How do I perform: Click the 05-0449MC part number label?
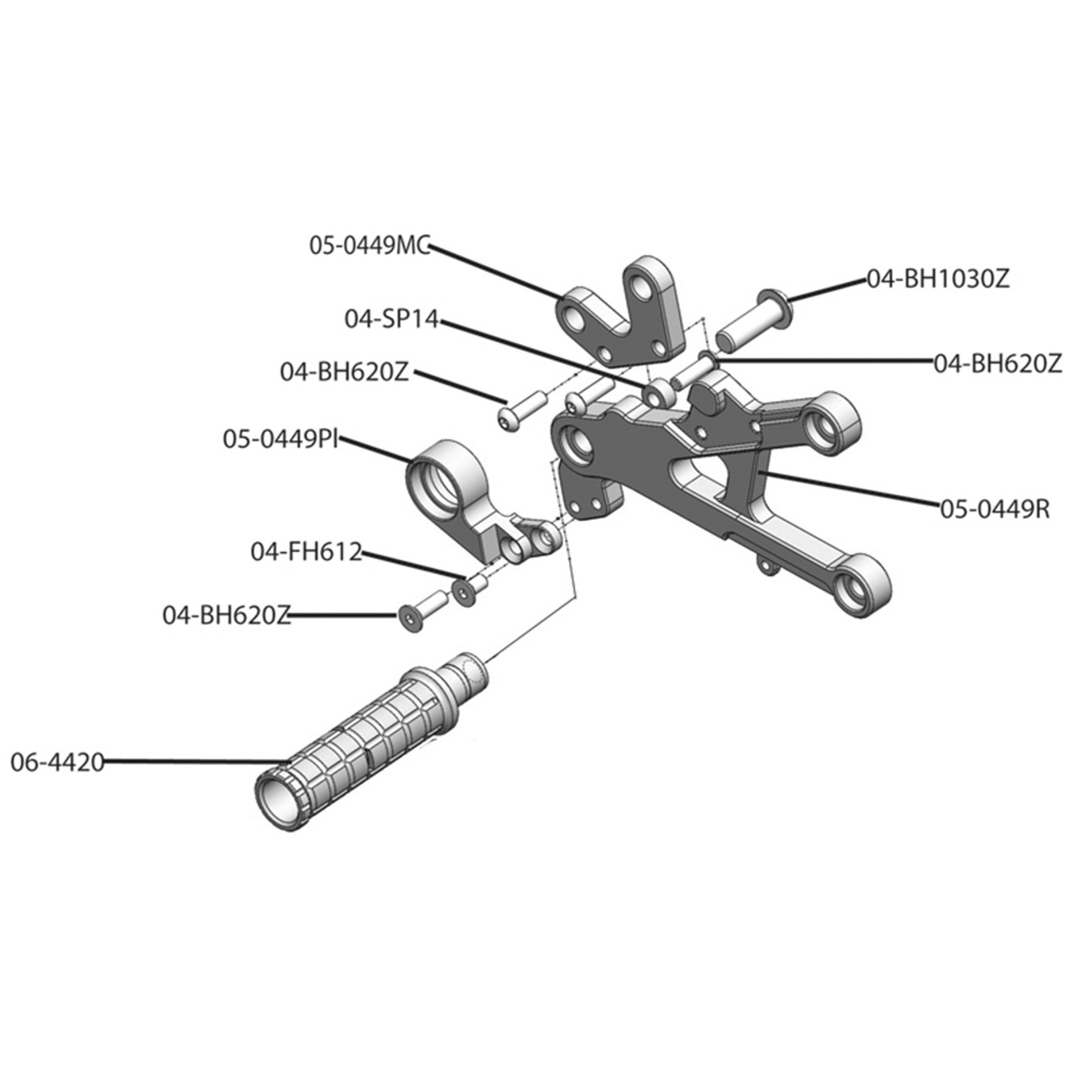tap(369, 246)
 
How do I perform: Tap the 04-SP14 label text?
tap(391, 319)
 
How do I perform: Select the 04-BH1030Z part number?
tap(937, 279)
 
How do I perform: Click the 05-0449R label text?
tap(994, 509)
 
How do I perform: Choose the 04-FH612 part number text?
tap(306, 551)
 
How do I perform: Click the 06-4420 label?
tap(57, 762)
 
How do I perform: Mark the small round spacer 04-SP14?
tap(657, 395)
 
